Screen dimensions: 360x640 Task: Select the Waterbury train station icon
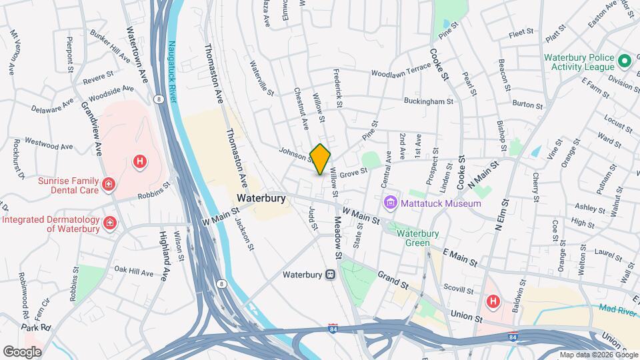[x=330, y=274]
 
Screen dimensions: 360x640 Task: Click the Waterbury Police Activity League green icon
[x=625, y=62]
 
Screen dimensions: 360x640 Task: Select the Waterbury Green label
[x=418, y=238]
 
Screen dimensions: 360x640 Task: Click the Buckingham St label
[x=428, y=101]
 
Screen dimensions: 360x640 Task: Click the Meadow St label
[x=337, y=238]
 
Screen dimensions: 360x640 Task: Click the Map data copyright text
[x=597, y=354]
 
